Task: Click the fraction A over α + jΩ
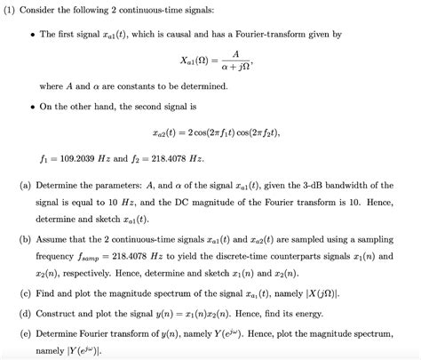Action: pos(233,61)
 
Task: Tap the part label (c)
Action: pos(23,293)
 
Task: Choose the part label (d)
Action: pos(23,312)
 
